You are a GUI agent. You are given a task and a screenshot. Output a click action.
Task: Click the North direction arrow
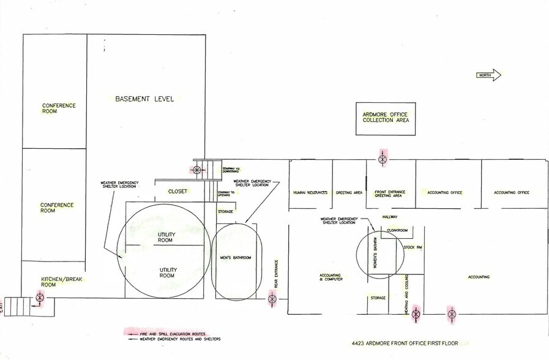coord(489,75)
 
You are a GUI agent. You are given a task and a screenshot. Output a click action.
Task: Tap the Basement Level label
coord(144,99)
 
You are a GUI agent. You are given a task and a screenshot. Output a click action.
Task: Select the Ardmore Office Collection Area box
coord(386,118)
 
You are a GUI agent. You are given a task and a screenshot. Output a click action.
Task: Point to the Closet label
coord(177,192)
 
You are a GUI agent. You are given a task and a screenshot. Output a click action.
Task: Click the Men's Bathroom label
coord(236,258)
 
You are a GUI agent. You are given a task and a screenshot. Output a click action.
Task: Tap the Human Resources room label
coord(310,193)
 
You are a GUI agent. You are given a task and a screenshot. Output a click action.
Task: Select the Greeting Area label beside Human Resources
coord(349,193)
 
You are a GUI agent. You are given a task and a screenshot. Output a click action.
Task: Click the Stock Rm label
coord(413,247)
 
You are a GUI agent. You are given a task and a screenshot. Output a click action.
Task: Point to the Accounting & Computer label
coord(330,277)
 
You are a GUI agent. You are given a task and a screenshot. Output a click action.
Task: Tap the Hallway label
coord(390,217)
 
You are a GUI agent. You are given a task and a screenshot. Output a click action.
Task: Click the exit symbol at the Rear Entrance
coord(272,299)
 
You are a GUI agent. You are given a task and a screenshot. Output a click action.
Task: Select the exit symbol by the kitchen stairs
coord(40,298)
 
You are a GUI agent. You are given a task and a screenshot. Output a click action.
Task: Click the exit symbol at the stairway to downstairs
coord(196,170)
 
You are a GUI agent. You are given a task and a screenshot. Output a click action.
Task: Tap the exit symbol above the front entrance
coord(383,160)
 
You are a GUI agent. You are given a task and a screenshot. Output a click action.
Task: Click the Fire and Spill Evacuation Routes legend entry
coord(173,333)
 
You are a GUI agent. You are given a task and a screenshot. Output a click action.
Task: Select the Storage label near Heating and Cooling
coord(378,298)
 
